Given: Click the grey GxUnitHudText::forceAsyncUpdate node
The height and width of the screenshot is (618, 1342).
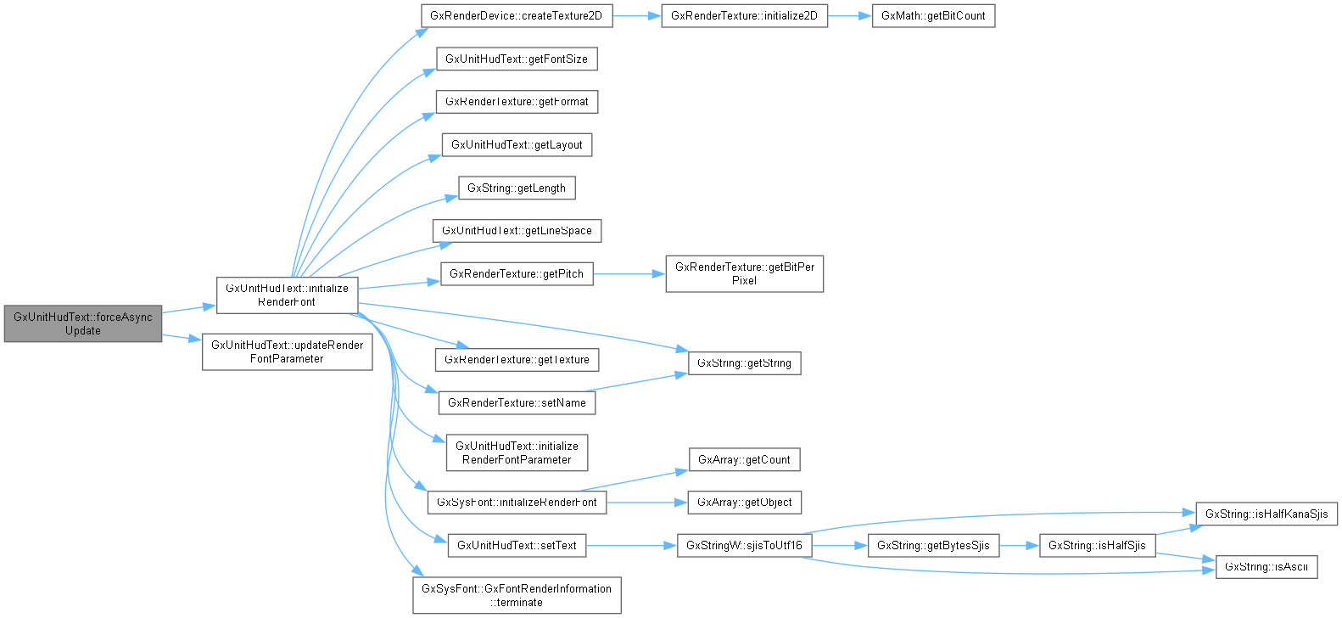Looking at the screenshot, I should tap(82, 323).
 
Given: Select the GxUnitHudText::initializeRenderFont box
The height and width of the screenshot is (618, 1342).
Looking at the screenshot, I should tap(287, 295).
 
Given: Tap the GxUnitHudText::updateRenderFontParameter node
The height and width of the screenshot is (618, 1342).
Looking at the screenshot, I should tap(287, 351).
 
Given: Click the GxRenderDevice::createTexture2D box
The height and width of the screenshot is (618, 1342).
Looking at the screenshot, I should tap(516, 16).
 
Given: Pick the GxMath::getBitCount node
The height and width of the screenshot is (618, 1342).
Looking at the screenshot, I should tap(933, 16).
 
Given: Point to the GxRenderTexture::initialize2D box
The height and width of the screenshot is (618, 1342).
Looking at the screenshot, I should tap(744, 16).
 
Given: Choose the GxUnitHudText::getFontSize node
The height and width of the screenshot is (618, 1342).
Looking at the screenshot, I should tap(516, 59).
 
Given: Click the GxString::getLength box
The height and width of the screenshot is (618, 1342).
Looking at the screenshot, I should tap(516, 188).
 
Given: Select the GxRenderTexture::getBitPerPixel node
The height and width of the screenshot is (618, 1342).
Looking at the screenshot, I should tap(744, 273).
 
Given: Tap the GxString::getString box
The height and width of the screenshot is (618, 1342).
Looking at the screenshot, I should tap(744, 362).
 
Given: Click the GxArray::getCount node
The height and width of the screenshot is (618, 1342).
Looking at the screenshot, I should tap(744, 459).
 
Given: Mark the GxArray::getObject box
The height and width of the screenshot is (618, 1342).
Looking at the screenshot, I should tap(744, 502).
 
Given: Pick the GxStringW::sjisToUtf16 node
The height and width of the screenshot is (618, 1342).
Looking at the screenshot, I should tap(744, 545).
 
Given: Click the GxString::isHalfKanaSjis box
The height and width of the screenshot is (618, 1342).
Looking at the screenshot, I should tap(1267, 514).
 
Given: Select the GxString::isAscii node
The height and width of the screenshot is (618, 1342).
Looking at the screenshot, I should tap(1267, 566).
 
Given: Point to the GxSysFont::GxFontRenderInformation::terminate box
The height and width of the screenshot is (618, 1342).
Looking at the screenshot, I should tap(517, 595).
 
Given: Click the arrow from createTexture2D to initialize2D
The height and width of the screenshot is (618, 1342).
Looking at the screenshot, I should tap(636, 16).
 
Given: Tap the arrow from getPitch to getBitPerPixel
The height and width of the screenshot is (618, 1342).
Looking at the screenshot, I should tap(629, 273).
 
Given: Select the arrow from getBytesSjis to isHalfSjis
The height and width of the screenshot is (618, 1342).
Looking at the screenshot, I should tap(1019, 545).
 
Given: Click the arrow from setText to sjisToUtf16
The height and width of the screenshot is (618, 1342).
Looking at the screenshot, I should tap(631, 545).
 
